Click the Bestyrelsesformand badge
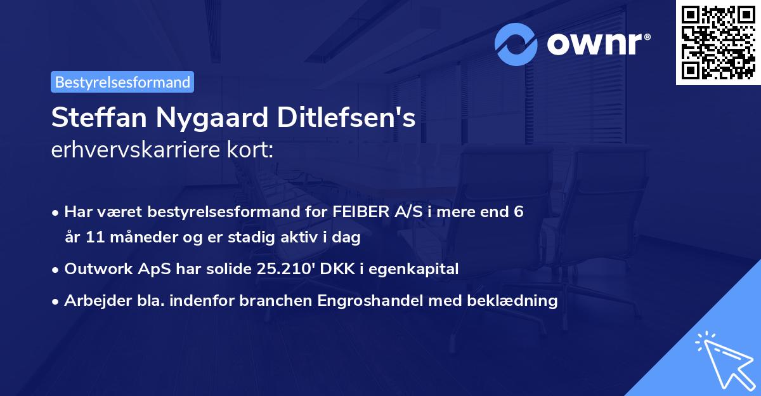(x=122, y=82)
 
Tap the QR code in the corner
(x=718, y=42)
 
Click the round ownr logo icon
(x=517, y=44)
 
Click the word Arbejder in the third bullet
(x=93, y=301)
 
